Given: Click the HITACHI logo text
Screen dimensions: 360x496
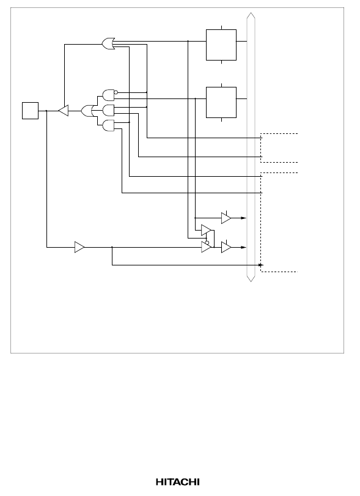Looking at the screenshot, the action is pyautogui.click(x=178, y=482).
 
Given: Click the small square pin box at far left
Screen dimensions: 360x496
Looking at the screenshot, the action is pyautogui.click(x=31, y=111).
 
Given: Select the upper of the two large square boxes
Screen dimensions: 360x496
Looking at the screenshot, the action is pyautogui.click(x=221, y=45).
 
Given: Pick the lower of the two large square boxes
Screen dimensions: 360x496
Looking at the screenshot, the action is pyautogui.click(x=221, y=103).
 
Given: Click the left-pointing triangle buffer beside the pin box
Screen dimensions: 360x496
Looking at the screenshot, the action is pyautogui.click(x=64, y=111).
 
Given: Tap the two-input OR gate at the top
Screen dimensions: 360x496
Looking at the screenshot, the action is pyautogui.click(x=108, y=43).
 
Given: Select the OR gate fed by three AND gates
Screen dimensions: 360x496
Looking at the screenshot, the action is pyautogui.click(x=87, y=111).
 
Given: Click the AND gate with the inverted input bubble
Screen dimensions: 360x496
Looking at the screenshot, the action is pyautogui.click(x=108, y=95).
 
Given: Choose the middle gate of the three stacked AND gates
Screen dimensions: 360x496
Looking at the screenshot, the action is pyautogui.click(x=108, y=111).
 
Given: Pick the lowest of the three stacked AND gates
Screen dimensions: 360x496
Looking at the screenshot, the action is pyautogui.click(x=108, y=125).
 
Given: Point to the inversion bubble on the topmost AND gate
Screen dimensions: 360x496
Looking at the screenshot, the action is pyautogui.click(x=116, y=92).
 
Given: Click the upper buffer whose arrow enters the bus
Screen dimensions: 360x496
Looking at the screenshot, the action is pyautogui.click(x=226, y=218).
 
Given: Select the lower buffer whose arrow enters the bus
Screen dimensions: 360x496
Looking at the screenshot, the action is pyautogui.click(x=226, y=247).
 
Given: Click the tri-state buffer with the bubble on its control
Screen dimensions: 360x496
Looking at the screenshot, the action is pyautogui.click(x=207, y=247).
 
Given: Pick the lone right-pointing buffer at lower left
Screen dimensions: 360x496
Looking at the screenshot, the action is pyautogui.click(x=79, y=247).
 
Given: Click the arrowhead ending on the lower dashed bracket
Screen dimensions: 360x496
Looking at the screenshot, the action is pyautogui.click(x=261, y=265).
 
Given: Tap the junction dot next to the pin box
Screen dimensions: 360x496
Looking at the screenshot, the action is pyautogui.click(x=46, y=111).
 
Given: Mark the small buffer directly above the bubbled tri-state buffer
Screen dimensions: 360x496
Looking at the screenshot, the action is pyautogui.click(x=207, y=231).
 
